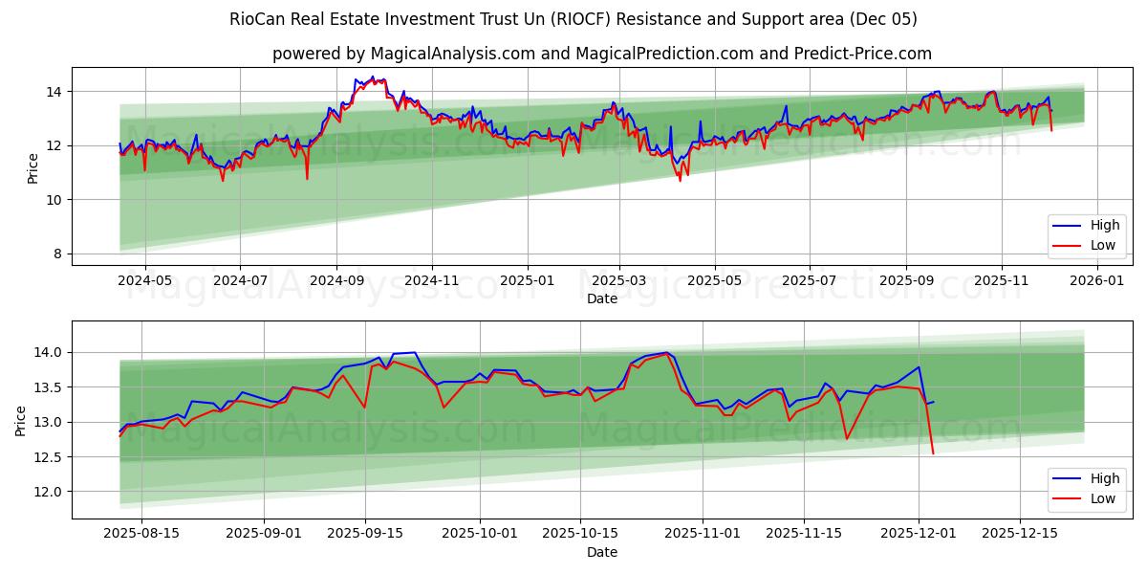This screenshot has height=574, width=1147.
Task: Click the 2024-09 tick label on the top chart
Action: (335, 280)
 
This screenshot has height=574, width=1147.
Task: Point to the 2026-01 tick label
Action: (1095, 280)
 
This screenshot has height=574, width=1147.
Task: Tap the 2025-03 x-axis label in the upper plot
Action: (619, 280)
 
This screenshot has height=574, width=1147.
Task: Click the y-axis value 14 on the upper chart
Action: (54, 92)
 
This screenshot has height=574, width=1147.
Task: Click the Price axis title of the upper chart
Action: (33, 168)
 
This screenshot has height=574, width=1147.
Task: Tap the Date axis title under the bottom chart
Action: (602, 552)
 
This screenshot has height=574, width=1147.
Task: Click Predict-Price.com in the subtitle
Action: (863, 54)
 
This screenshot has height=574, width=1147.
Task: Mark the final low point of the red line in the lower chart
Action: (933, 453)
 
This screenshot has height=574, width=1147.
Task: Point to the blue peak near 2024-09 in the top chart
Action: (373, 77)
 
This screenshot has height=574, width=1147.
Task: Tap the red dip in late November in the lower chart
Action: (847, 438)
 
